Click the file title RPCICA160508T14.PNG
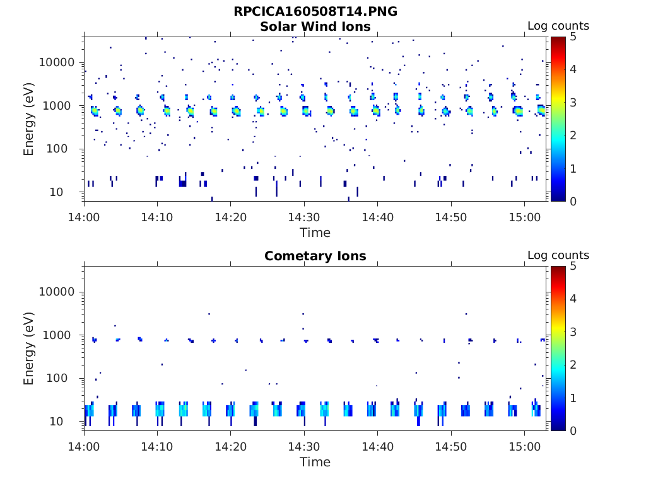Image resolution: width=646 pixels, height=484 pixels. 315,11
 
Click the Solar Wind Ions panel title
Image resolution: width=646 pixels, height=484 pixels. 315,26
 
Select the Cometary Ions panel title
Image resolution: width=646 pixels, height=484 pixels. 315,256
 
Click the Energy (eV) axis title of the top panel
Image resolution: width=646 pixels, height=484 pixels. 29,119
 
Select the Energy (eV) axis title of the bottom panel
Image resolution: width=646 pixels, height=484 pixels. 29,349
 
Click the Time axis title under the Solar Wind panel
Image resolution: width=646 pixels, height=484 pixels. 315,233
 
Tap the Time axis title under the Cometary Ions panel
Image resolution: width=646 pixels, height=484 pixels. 315,462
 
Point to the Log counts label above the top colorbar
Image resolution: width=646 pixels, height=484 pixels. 558,26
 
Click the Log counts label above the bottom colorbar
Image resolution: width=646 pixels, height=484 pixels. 558,256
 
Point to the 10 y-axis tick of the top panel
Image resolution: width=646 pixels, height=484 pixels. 69,192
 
